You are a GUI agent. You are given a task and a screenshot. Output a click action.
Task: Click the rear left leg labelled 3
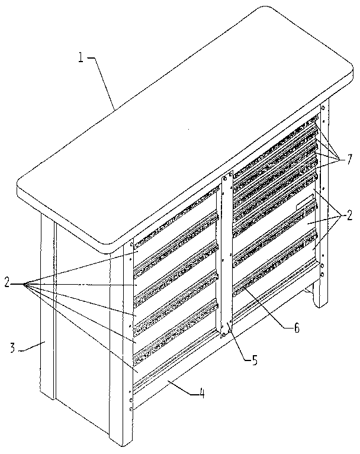click(47, 308)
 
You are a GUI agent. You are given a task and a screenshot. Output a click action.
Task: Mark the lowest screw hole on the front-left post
click(131, 408)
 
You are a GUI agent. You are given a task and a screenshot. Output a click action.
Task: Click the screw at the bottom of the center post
click(224, 333)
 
